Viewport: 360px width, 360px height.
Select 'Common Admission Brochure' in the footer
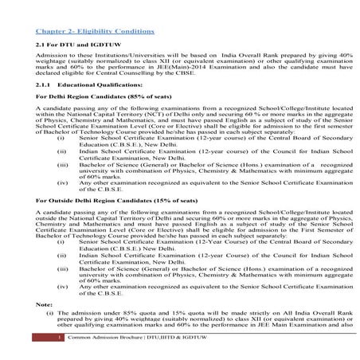pos(101,350)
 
